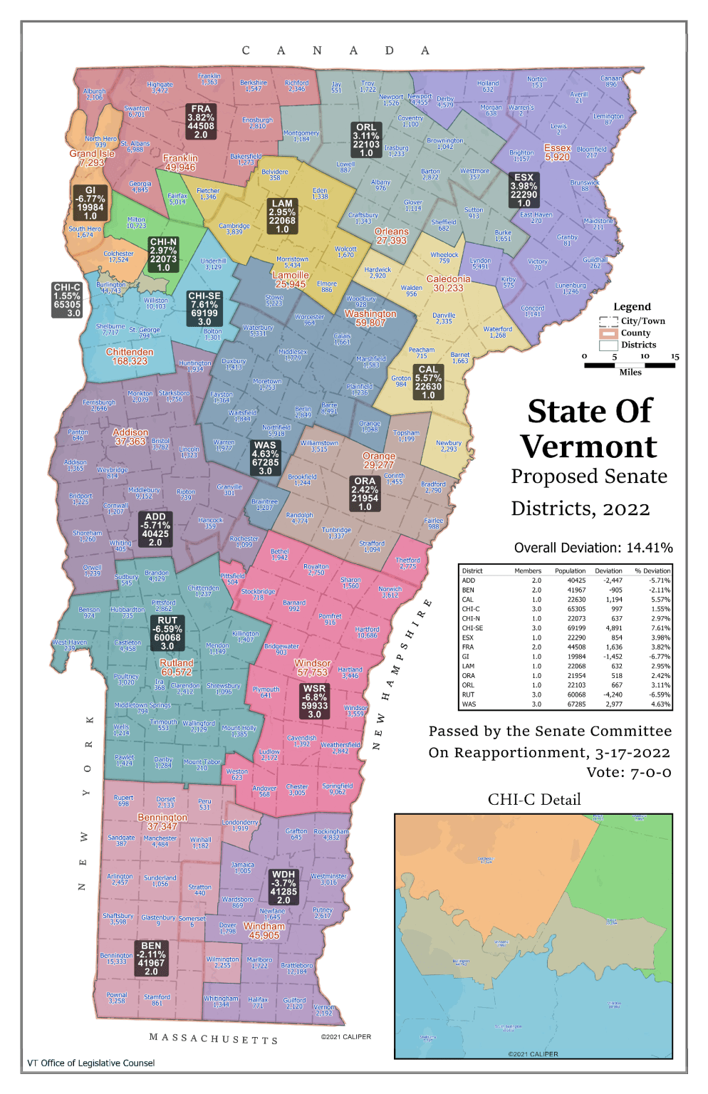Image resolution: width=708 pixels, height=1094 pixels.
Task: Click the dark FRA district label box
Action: tap(201, 122)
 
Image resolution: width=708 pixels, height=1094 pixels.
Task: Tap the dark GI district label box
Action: tap(90, 203)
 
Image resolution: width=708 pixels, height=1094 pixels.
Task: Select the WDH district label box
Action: tap(283, 887)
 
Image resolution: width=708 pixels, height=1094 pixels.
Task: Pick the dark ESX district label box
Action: tap(524, 190)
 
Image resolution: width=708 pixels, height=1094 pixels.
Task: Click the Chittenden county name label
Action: tap(130, 357)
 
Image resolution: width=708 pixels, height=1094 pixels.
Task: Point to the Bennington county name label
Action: tap(162, 822)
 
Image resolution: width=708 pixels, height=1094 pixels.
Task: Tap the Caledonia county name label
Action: tap(448, 283)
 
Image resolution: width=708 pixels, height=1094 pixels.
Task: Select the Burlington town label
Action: tap(110, 288)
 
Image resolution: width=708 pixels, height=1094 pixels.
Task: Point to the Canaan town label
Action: tap(611, 81)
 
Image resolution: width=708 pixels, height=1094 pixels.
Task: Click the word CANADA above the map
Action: tap(335, 51)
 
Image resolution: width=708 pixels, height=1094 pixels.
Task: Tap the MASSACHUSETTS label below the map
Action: tap(214, 1038)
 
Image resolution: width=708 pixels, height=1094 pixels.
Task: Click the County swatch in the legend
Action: tap(608, 333)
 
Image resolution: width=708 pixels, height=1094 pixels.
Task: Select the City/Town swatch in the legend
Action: tap(608, 321)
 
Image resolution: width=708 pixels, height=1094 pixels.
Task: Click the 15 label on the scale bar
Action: tap(675, 356)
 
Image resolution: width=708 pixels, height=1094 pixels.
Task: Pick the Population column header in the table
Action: tap(570, 571)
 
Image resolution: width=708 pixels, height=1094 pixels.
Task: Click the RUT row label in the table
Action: tap(468, 694)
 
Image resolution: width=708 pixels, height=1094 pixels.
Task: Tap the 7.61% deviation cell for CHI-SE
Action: tap(660, 628)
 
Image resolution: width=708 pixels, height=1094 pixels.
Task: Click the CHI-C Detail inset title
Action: tap(534, 800)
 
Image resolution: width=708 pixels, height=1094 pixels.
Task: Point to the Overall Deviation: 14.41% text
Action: tap(593, 548)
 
